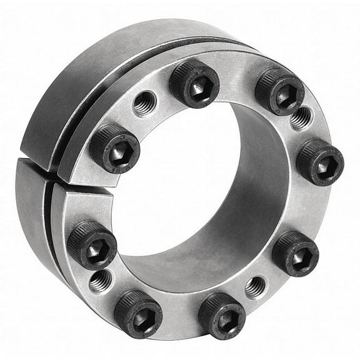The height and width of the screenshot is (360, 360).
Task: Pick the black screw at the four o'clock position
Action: point(295,252)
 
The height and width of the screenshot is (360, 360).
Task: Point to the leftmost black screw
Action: point(91,243)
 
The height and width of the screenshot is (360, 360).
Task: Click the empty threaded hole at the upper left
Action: point(144,102)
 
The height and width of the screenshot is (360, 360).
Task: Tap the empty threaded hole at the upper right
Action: point(301,117)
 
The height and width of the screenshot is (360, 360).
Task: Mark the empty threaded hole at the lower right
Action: point(255,287)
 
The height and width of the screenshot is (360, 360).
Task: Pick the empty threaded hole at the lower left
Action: point(100,281)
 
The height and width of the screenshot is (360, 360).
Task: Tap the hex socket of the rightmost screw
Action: point(322,165)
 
